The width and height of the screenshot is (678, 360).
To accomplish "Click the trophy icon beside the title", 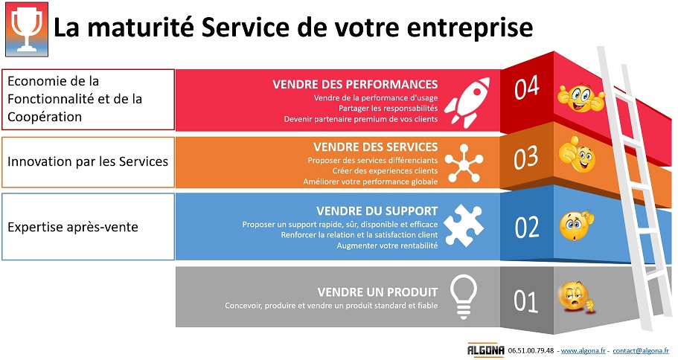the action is coord(26,30).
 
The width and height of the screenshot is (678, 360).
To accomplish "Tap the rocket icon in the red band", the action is coord(467,103).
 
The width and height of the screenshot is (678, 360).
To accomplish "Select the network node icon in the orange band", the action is coord(464,164).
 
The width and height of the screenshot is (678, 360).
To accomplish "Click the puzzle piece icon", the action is coord(464,225).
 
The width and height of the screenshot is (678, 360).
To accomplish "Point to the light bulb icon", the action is coord(464,297).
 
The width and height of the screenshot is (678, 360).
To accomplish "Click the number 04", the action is coord(527,88).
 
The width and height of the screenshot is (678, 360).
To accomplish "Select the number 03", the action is coord(525,158).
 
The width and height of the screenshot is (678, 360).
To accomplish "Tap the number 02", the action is coord(527,228).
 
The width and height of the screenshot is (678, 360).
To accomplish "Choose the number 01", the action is coord(525,301).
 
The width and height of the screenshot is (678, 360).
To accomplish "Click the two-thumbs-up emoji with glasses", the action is coord(581,98).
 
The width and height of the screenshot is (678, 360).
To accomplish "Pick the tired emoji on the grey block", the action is coord(575,297).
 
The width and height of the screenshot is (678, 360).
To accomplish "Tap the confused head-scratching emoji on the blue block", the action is coord(576,225).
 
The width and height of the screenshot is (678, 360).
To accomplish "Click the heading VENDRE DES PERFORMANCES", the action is coord(355,84).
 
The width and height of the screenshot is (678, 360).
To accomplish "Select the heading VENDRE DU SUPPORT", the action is coord(377,211).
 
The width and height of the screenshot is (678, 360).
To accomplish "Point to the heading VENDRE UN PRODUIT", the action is coord(377,292).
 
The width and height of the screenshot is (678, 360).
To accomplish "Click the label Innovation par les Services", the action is coord(88,161).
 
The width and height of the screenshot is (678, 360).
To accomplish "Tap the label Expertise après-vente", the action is coord(73,227).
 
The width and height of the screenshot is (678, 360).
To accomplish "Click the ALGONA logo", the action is coord(485,350).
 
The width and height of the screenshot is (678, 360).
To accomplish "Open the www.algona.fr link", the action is coord(583,350).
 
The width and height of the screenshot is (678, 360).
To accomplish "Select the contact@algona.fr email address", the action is coord(641,350).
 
